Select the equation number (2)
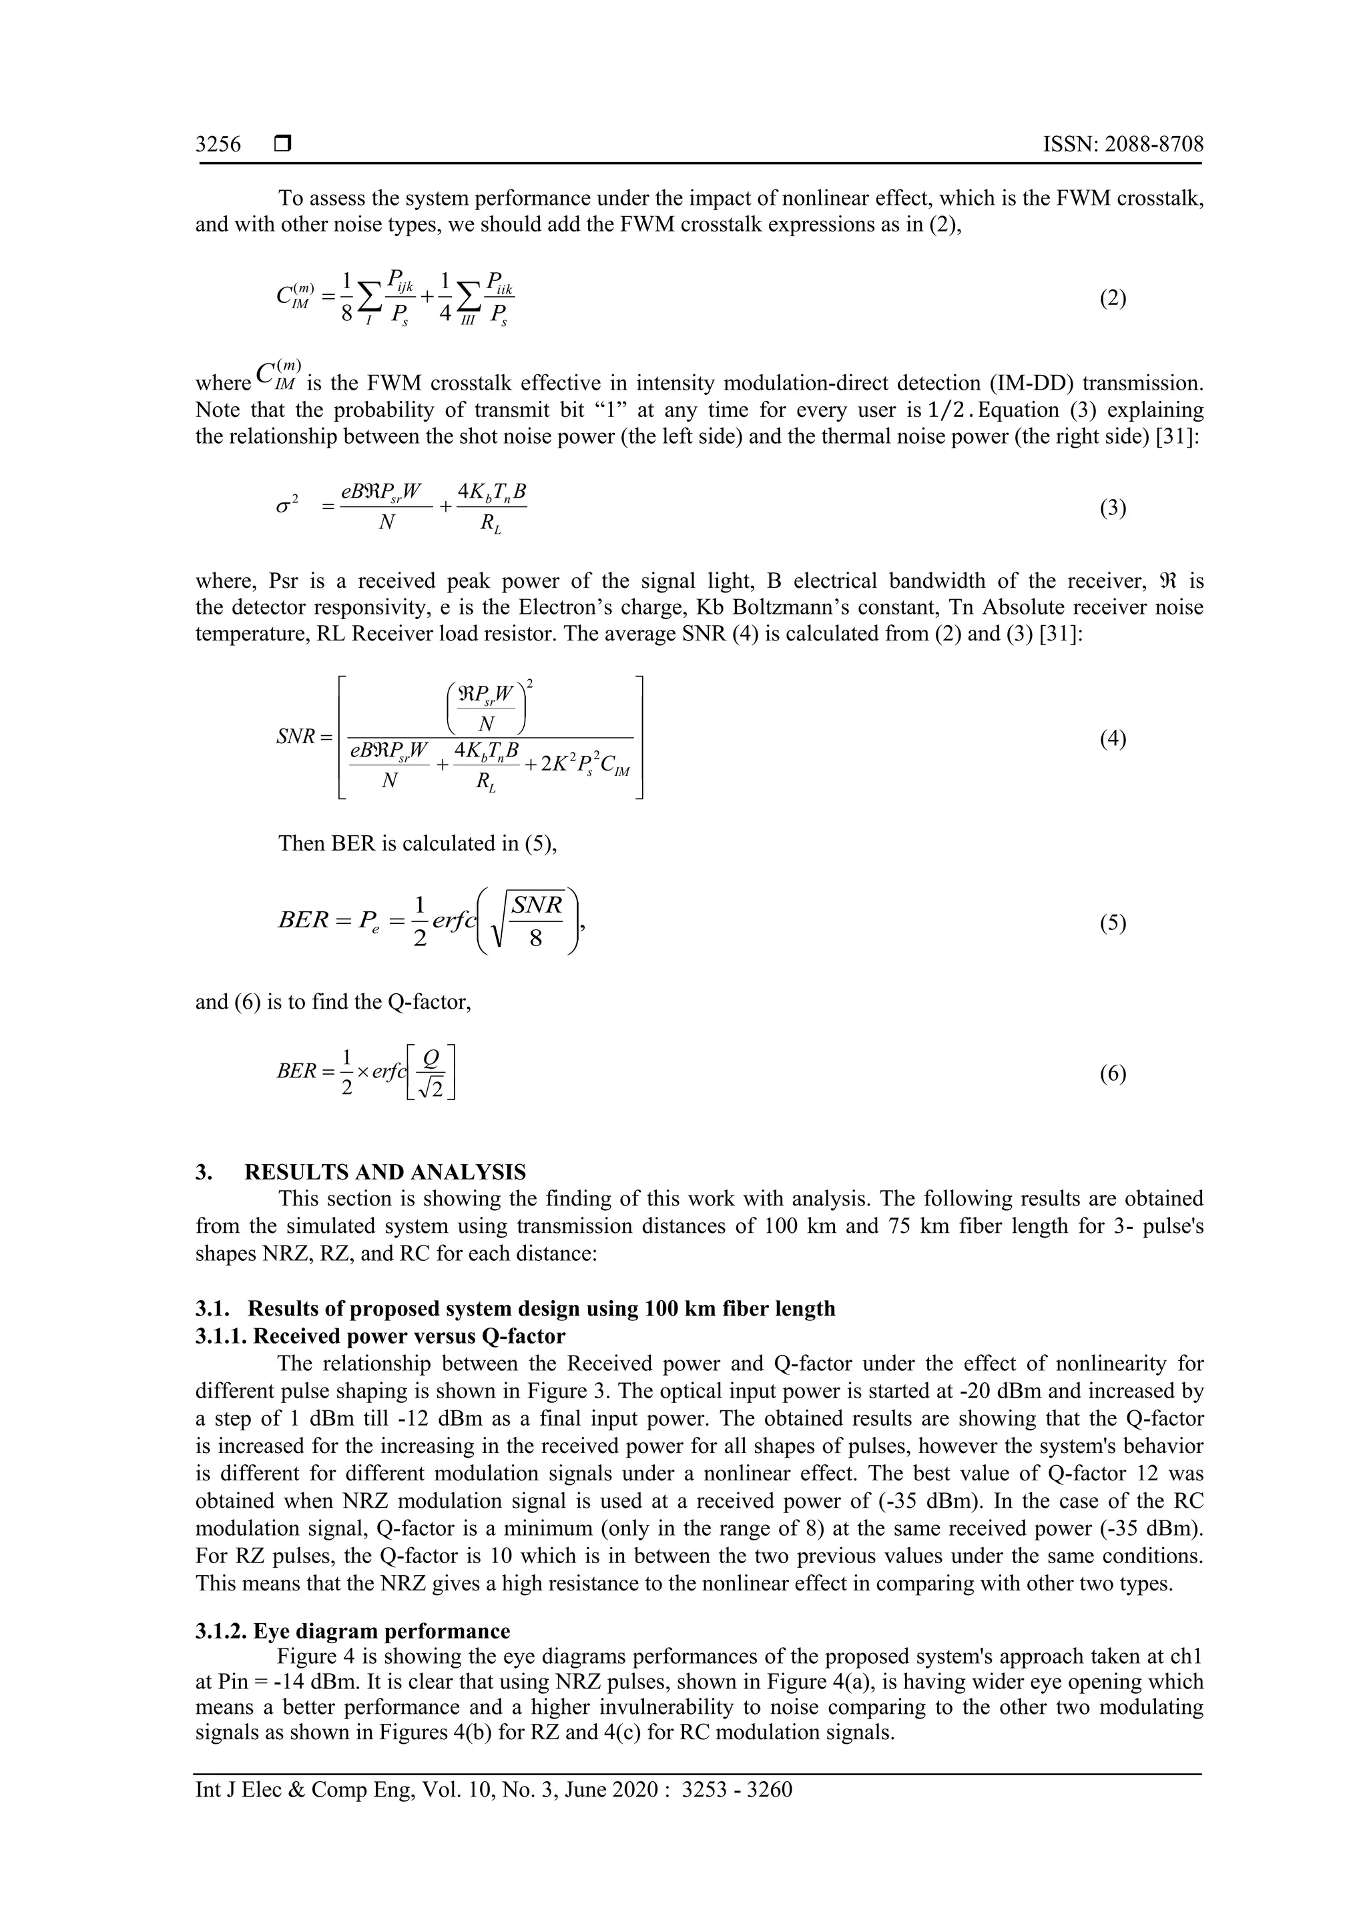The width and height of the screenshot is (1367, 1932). point(1113,299)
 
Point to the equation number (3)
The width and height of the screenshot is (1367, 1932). point(1113,508)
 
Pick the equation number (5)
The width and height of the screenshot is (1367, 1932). point(1113,924)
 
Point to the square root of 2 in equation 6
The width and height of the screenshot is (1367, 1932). point(433,1088)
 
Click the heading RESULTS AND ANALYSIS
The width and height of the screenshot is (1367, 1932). point(384,1172)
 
